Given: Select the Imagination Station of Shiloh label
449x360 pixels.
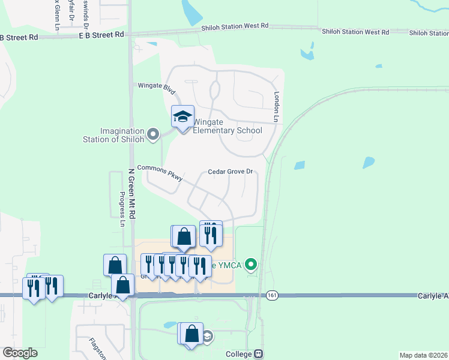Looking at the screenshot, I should coord(114,135).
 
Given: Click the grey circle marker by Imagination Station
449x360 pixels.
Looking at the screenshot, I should coord(153,134).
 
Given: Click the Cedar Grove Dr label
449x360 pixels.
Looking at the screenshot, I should coord(230,172).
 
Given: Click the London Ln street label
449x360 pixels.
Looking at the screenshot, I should coord(277,107).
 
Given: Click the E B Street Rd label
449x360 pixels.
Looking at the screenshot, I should coord(101,35).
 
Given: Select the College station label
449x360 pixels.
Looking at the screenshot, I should coord(239,354).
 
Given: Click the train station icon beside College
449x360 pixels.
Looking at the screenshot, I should coord(259,354).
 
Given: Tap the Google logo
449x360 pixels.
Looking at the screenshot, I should coord(20,353).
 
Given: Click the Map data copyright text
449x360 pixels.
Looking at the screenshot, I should coord(423,355).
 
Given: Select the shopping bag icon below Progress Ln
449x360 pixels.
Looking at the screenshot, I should coord(115,265).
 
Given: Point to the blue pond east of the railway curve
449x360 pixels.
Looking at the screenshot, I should coord(369,163).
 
